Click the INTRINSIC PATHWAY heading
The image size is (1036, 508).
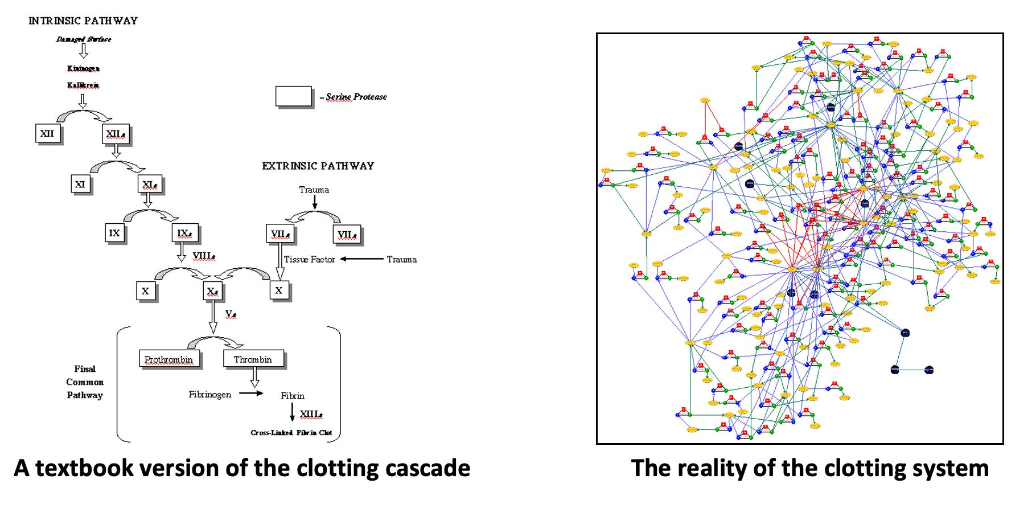(83, 21)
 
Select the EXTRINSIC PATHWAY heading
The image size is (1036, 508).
(318, 166)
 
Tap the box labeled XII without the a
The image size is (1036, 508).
(47, 134)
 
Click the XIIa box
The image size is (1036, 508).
(116, 134)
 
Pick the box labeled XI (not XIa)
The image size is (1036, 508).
(80, 185)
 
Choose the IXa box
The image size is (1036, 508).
(184, 233)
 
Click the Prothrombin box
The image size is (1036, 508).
(168, 359)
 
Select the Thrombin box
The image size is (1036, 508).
(253, 359)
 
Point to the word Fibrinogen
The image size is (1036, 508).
(210, 394)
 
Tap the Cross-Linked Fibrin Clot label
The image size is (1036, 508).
(291, 433)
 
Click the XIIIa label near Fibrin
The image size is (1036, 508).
(311, 414)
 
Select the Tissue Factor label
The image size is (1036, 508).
(309, 260)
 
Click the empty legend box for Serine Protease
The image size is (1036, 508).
(294, 96)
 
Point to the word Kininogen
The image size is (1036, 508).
(83, 68)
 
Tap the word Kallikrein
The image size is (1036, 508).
(83, 85)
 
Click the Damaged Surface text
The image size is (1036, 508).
(83, 39)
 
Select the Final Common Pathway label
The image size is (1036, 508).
(85, 382)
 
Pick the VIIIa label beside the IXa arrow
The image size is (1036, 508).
(204, 256)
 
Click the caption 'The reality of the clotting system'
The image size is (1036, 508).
(809, 468)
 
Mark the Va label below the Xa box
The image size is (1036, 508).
(230, 314)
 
